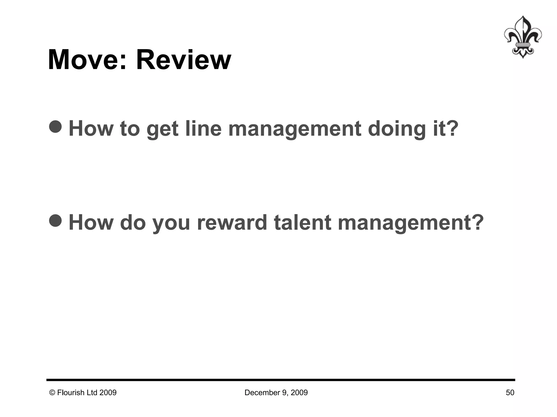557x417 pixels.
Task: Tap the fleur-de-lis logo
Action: [522, 37]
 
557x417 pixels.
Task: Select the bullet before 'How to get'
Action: [55, 127]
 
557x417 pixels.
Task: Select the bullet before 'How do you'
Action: [55, 220]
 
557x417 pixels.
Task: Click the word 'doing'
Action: [397, 129]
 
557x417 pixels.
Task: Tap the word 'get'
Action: [162, 129]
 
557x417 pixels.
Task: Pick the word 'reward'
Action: [232, 222]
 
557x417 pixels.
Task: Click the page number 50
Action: [510, 393]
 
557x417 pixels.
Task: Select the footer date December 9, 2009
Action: [276, 393]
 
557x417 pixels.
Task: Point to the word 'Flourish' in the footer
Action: [71, 393]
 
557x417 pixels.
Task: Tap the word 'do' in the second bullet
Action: [133, 222]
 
